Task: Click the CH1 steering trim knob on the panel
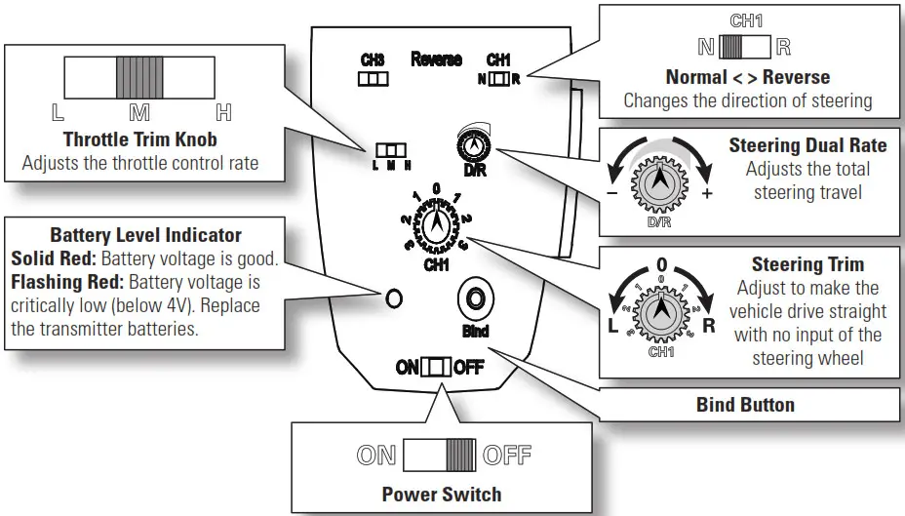(x=437, y=221)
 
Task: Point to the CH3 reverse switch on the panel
(x=373, y=80)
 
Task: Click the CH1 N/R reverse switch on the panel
(x=498, y=78)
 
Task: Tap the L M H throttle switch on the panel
(x=389, y=151)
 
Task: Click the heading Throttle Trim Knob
(x=140, y=139)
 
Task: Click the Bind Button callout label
(x=745, y=404)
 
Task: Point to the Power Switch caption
(x=443, y=494)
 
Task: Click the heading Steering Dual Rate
(x=807, y=145)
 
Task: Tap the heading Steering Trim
(x=807, y=264)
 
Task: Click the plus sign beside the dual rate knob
(x=707, y=194)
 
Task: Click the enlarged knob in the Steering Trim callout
(x=662, y=311)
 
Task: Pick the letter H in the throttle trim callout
(x=223, y=112)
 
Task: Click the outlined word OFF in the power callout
(x=507, y=456)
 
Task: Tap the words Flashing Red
(x=51, y=281)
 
